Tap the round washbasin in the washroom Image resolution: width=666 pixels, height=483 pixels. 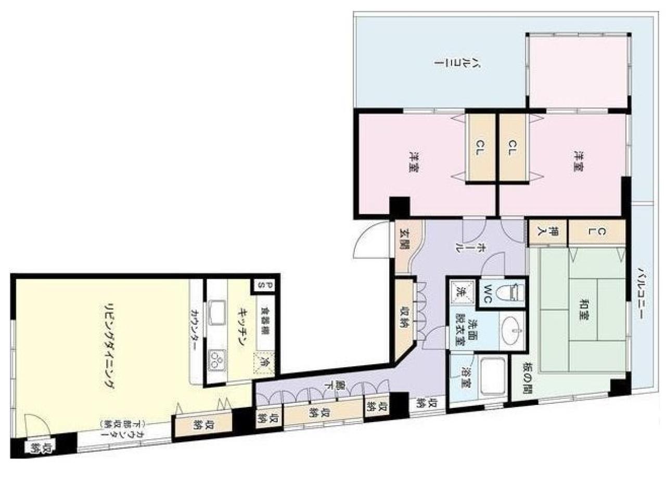(x=512, y=330)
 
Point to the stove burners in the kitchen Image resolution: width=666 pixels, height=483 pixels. (x=217, y=360)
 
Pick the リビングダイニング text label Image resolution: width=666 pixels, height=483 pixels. (x=109, y=345)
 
